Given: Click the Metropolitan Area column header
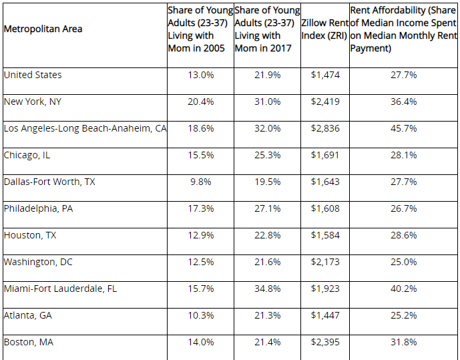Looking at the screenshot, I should (x=43, y=29).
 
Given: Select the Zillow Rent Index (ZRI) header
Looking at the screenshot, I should (x=325, y=29).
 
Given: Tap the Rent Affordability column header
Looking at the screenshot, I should (x=403, y=29).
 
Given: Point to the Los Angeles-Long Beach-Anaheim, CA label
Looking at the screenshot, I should (x=85, y=128).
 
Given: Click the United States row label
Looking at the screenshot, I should (x=33, y=75).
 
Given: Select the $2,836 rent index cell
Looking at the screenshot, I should (x=325, y=128).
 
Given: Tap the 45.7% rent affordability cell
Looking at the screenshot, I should (x=403, y=128).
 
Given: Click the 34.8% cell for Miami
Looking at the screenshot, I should (x=267, y=289).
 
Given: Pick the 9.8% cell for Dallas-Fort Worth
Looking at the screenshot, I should (x=200, y=182).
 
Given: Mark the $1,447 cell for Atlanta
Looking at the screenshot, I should (x=325, y=315).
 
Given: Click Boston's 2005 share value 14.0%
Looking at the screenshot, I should (x=200, y=342).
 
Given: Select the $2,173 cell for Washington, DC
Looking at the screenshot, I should (x=325, y=262).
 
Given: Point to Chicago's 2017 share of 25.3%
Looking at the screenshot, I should (x=267, y=155).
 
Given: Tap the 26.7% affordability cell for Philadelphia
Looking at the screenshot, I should (x=403, y=208).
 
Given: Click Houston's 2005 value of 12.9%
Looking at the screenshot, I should (x=200, y=235).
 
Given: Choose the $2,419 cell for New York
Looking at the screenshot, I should (x=325, y=102).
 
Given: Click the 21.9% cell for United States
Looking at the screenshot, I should (x=267, y=75).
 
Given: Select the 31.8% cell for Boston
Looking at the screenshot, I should (x=403, y=342).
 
